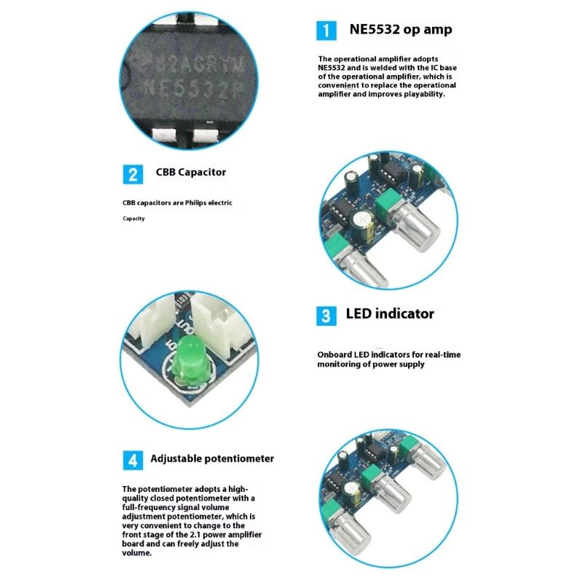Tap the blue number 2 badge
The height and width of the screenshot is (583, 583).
tap(132, 174)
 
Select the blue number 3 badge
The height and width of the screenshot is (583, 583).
tap(326, 316)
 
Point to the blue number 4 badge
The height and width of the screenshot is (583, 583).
tap(132, 460)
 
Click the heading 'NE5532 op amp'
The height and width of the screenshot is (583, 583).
tap(400, 30)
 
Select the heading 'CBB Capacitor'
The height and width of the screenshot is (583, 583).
tap(191, 173)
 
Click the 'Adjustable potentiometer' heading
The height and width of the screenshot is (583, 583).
tap(212, 459)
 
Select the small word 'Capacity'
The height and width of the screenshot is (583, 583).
tap(133, 219)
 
